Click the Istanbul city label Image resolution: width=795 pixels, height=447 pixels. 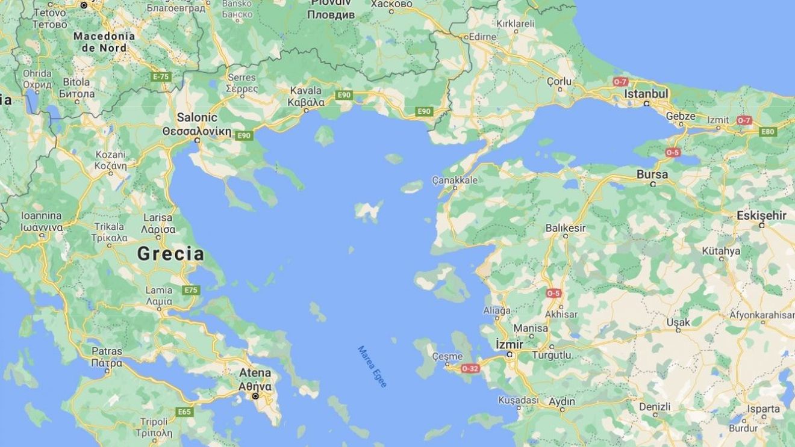point(646,94)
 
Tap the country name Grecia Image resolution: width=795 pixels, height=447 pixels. point(170,254)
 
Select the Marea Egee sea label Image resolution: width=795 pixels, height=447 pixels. point(372,366)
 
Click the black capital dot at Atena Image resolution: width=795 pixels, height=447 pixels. point(255,396)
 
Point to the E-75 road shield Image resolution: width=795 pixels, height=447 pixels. point(161,77)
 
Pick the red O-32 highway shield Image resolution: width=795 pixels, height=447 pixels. point(470,368)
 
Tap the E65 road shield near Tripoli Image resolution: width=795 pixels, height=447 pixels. point(185,412)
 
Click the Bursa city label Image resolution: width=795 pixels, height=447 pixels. point(652,174)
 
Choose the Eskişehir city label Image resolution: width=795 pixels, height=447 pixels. point(761,215)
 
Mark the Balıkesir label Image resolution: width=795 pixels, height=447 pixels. point(565,228)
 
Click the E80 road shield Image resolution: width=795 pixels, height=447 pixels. point(768,132)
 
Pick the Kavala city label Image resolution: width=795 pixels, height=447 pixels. point(306,96)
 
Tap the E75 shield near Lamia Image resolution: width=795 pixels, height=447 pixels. point(191,290)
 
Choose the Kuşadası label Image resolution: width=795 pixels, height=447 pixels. point(518,401)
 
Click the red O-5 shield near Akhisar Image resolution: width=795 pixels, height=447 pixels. point(553,293)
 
